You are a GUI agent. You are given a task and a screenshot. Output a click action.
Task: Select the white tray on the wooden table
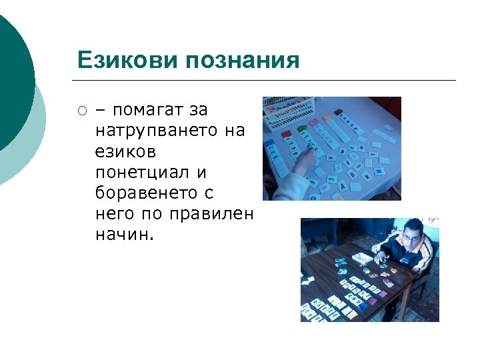(360, 257)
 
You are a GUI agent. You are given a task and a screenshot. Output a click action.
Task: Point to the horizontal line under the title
(267, 81)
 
